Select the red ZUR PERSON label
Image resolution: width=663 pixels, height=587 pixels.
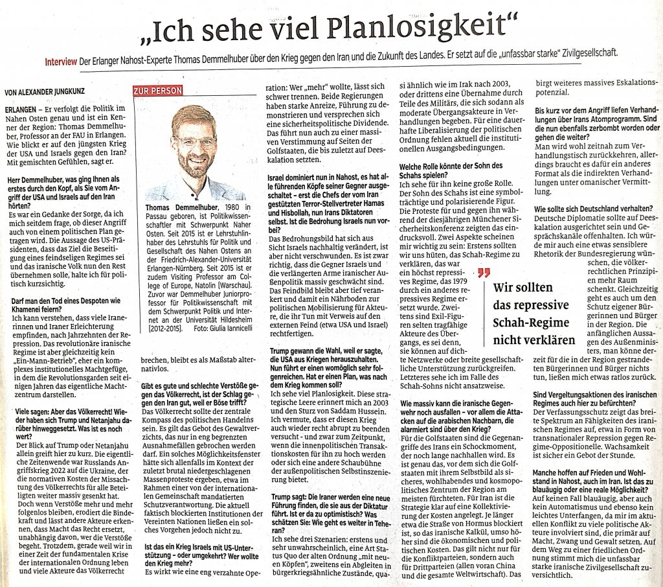pyautogui.click(x=157, y=91)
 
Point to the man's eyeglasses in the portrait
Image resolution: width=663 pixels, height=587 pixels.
pyautogui.click(x=194, y=142)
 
